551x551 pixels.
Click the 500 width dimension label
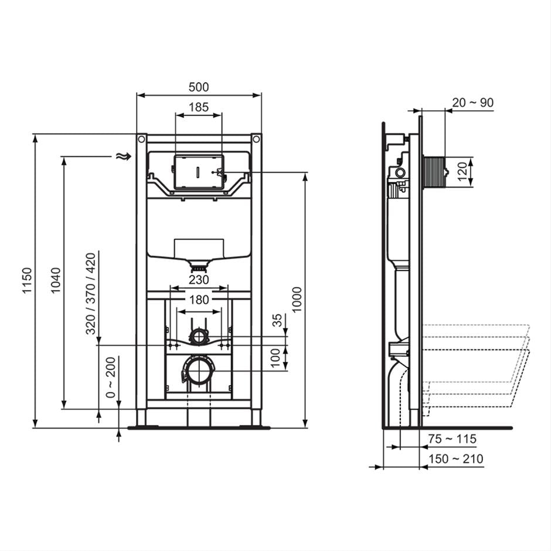coord(199,87)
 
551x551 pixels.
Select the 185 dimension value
coord(199,107)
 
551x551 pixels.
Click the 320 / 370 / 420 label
coord(91,293)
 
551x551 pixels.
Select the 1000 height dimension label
coord(298,299)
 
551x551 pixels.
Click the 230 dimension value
coord(199,281)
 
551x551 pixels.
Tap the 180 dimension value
coord(199,300)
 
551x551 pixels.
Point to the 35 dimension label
coord(277,321)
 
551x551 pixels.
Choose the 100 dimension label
coord(276,358)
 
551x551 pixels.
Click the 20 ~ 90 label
coord(472,103)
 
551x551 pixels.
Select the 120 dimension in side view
coord(463,172)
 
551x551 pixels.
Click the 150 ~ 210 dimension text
coord(455,458)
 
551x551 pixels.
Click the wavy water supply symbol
coord(122,156)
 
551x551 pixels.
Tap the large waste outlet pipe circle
coord(199,371)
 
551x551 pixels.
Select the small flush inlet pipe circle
coord(199,336)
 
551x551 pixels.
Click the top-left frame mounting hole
coord(141,140)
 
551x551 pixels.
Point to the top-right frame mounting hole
coord(256,140)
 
